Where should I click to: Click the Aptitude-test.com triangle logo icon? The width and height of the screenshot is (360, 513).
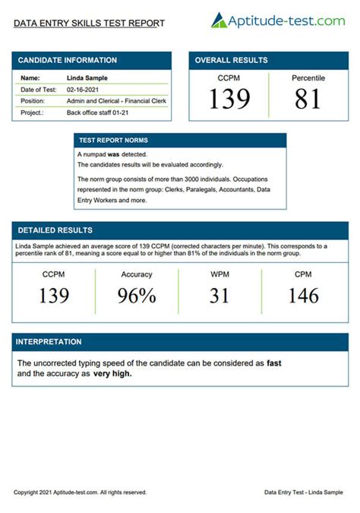pos(219,21)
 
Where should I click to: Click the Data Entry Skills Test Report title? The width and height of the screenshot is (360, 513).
pos(89,24)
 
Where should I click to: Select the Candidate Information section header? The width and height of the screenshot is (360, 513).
pos(68,60)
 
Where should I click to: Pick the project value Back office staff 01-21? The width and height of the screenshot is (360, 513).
pos(103,112)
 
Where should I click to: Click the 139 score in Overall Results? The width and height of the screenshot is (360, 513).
pos(229,99)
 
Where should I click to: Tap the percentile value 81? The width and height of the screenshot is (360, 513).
pos(308,99)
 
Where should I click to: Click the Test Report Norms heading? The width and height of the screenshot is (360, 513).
pos(114,141)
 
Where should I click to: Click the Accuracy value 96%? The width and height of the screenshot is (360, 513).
pos(137,296)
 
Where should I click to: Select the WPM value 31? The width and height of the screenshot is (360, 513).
pos(219,296)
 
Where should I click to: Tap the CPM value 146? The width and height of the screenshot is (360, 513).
pos(303,296)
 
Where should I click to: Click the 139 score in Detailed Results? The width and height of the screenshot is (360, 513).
pos(54,296)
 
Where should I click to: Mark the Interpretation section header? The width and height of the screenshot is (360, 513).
pos(49,342)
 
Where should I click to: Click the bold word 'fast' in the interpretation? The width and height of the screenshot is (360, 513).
pos(274,363)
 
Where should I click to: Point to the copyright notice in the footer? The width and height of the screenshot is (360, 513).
pos(80,492)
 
